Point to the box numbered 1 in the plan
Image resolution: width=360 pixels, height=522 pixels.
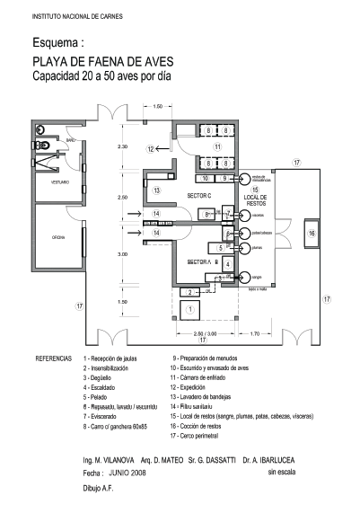click(x=189, y=309)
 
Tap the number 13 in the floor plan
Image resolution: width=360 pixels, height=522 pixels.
click(x=155, y=190)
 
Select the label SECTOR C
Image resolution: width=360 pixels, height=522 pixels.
click(x=199, y=195)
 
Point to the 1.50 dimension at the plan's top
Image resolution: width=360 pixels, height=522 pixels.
click(x=158, y=107)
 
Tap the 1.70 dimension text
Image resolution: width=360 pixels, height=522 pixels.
click(x=254, y=333)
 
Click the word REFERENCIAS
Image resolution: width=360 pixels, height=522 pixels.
click(x=53, y=358)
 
